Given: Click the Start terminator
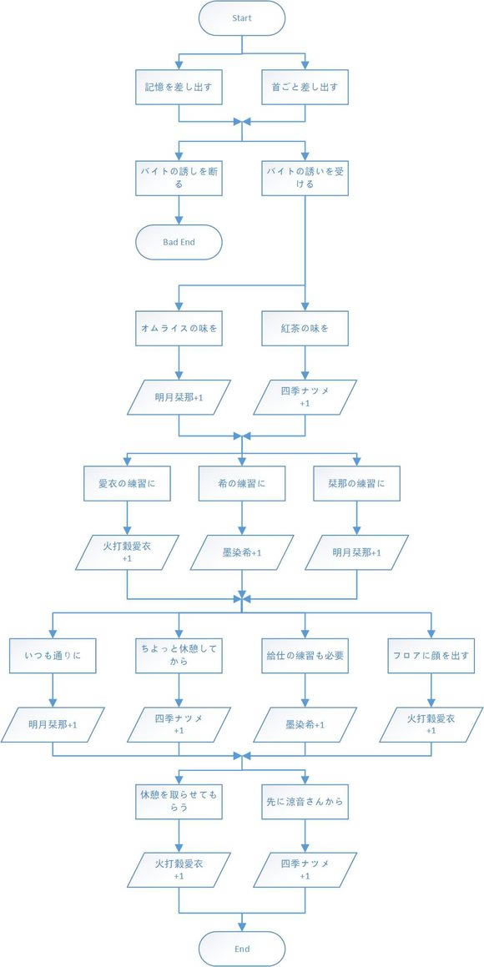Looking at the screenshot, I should [x=242, y=18].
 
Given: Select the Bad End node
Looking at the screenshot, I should [x=179, y=242].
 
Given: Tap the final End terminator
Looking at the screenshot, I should [x=242, y=948].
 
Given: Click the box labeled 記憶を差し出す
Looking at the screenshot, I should [x=179, y=86].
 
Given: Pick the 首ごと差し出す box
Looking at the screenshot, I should [x=305, y=86].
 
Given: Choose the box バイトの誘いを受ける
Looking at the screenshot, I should [x=305, y=177].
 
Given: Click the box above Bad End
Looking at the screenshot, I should [x=179, y=177].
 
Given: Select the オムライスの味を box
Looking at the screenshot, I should [x=179, y=328].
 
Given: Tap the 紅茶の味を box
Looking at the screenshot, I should [x=305, y=328].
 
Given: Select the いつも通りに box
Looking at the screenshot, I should [x=53, y=655].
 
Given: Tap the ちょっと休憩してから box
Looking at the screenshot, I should [x=179, y=655].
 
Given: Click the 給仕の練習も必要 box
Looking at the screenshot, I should [x=305, y=655].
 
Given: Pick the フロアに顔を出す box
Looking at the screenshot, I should [x=431, y=655].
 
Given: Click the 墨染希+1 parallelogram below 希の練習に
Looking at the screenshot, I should [x=242, y=552].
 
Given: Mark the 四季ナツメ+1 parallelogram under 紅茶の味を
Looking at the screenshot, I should [x=305, y=397].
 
